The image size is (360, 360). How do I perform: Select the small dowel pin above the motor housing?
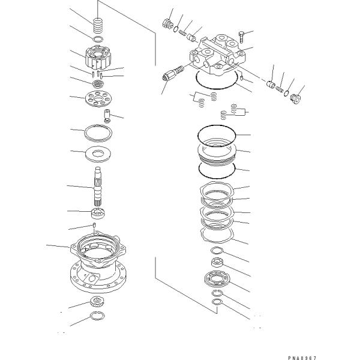[x=95, y=226]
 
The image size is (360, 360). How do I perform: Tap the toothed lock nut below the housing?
[x=98, y=302]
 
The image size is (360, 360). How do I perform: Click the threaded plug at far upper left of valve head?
[x=167, y=24]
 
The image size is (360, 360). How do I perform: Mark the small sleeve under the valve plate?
[x=108, y=114]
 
